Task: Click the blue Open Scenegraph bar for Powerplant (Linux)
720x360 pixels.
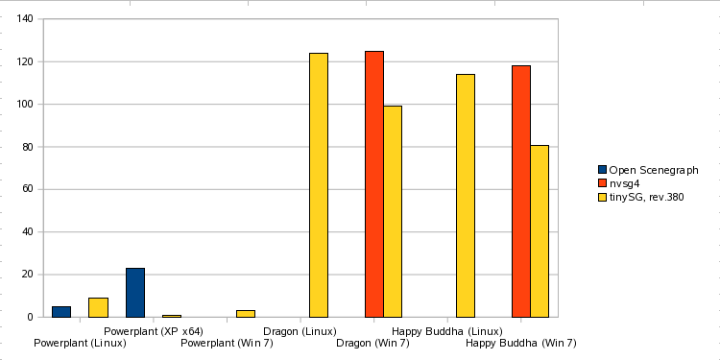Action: (61, 311)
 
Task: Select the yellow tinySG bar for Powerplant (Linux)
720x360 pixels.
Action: (98, 307)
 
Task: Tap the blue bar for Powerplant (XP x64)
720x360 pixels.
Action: (135, 293)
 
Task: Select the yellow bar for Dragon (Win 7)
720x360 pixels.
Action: (393, 211)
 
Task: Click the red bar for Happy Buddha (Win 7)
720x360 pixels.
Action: (521, 191)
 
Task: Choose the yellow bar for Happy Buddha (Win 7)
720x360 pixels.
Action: (540, 231)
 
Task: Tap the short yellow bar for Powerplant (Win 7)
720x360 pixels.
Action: (246, 313)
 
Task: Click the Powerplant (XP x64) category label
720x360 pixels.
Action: (154, 331)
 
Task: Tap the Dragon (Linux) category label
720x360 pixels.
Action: (300, 331)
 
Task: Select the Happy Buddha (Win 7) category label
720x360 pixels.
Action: (521, 343)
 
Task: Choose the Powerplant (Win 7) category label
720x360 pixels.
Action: (227, 343)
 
